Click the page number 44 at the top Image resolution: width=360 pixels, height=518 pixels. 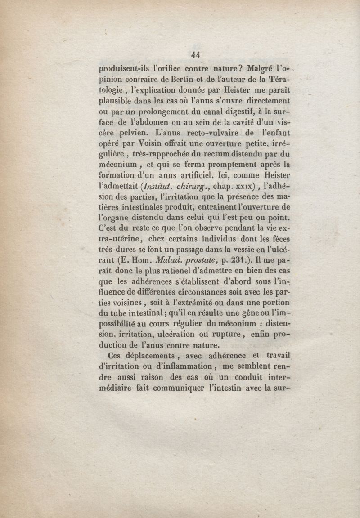click(195, 55)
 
